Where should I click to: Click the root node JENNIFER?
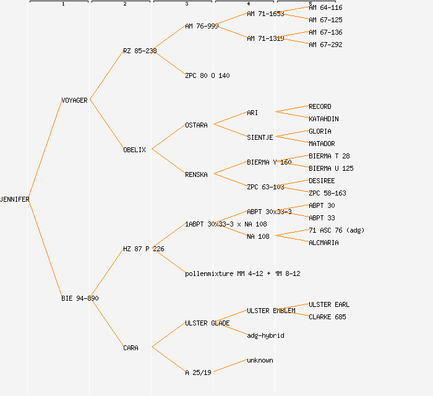coord(15,199)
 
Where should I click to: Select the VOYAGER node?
coord(74,100)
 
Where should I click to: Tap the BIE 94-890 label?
coord(80,298)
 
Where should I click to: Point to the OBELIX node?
coord(134,150)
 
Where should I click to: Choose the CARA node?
coord(131,348)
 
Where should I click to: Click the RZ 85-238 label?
coord(140,51)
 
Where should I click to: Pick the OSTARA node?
coord(196,125)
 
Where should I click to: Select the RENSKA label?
coord(196,174)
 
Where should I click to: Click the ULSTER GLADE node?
coord(207,323)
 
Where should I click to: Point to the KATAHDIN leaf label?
coord(324,119)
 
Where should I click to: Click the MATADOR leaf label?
coord(322,144)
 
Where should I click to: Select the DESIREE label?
coord(322,181)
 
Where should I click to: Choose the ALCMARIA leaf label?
coord(324,243)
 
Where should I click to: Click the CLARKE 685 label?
coord(327,317)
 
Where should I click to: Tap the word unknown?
coord(260,360)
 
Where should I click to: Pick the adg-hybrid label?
coord(265,335)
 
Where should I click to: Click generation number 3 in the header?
coord(186,4)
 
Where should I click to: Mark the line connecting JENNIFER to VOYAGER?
coord(45,150)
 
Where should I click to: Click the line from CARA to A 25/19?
coord(168,359)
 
